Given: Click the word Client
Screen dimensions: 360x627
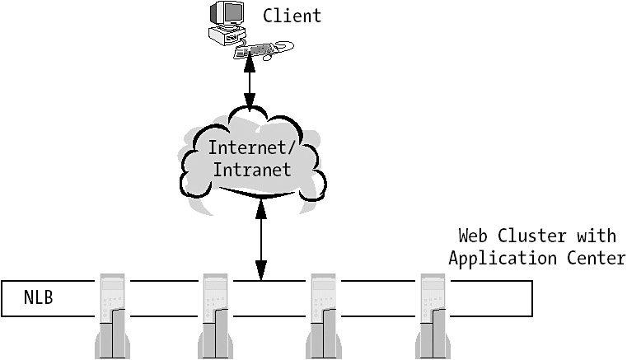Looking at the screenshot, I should click(292, 16).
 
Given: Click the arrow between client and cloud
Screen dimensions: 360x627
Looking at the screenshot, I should click(250, 86).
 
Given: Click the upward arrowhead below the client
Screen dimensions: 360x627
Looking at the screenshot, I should click(250, 66).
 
